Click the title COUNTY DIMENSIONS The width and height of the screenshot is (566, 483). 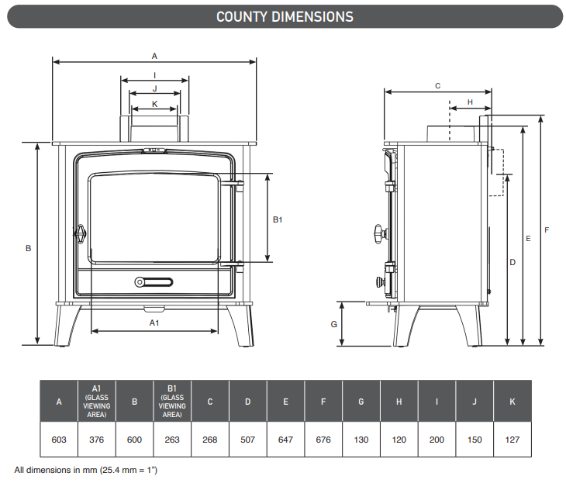tap(284, 16)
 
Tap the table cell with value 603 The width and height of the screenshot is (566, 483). tap(59, 440)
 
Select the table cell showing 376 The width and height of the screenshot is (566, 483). tap(97, 440)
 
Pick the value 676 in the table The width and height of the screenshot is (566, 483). tap(323, 440)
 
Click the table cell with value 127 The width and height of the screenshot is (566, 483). tap(513, 440)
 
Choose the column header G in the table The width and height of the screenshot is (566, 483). tap(361, 402)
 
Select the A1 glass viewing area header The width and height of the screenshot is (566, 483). tap(97, 401)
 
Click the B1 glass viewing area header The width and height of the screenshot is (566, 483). tap(172, 401)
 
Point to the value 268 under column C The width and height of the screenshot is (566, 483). tap(210, 440)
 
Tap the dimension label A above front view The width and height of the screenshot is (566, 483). tap(154, 56)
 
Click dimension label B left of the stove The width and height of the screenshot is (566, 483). tap(28, 249)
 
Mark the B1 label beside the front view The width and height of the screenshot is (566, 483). tap(278, 220)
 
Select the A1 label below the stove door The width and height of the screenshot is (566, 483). tap(154, 321)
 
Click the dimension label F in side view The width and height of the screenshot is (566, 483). tap(547, 230)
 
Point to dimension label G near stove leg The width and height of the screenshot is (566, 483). tap(334, 323)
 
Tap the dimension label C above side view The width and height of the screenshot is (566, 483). tap(437, 85)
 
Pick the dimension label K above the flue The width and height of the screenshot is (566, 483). tap(154, 103)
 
